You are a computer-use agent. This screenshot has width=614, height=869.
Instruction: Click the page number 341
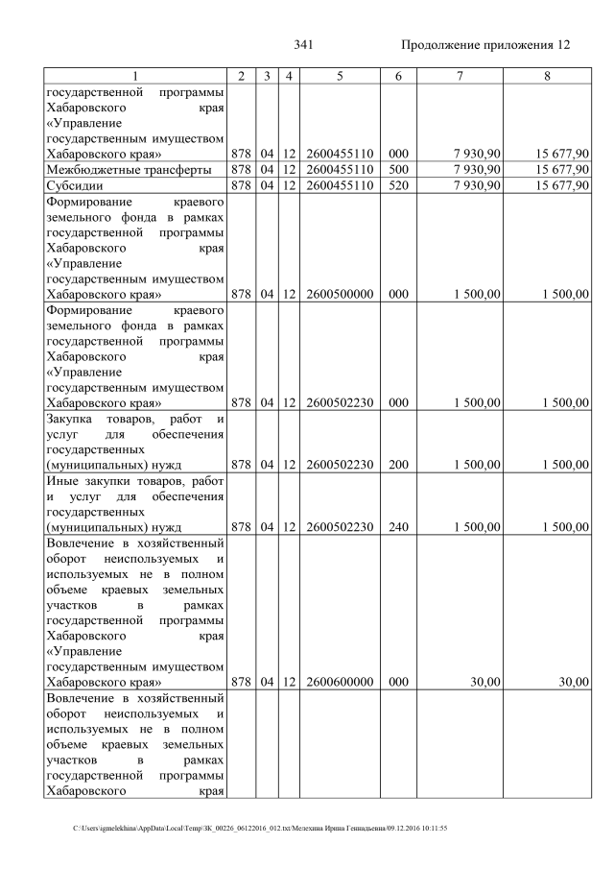(x=304, y=45)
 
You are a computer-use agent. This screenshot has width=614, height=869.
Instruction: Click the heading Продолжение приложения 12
(x=485, y=45)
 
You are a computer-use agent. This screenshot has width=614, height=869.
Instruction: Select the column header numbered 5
(x=340, y=76)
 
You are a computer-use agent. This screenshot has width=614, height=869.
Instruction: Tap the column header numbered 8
(x=546, y=76)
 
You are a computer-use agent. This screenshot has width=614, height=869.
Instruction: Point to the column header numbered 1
(x=135, y=76)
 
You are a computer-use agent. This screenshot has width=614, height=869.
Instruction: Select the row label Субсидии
(x=77, y=185)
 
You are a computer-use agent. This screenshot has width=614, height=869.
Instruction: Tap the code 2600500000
(x=340, y=294)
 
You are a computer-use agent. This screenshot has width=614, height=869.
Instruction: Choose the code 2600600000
(x=340, y=682)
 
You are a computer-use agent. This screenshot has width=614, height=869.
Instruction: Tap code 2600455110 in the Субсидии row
(x=340, y=185)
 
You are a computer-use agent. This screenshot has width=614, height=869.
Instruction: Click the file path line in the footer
(x=260, y=828)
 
